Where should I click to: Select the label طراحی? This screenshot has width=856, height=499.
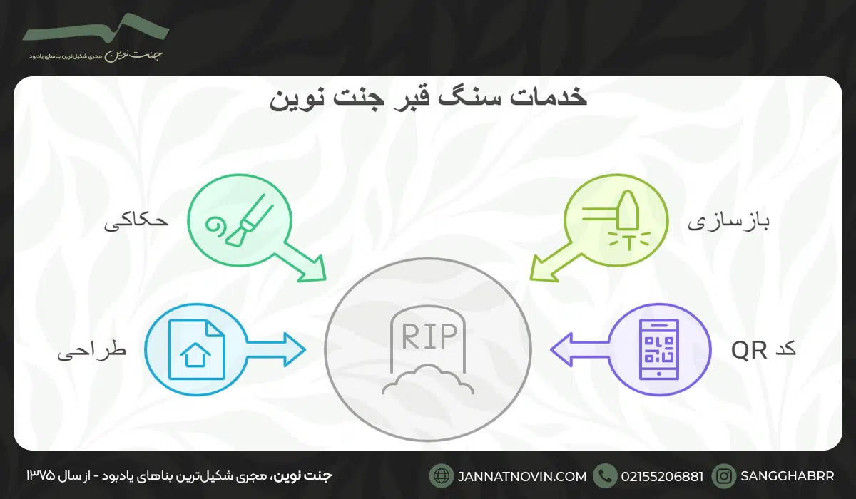click(91, 351)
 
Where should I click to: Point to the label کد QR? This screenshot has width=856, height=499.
click(763, 349)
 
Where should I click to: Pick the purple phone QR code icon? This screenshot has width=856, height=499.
click(659, 348)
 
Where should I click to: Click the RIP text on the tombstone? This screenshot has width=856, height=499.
click(428, 336)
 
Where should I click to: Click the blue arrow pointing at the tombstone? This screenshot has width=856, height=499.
click(281, 348)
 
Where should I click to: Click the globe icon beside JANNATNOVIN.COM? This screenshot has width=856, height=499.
click(442, 475)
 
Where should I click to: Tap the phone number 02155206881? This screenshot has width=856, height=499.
click(663, 475)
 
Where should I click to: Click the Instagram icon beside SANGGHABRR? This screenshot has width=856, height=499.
click(725, 475)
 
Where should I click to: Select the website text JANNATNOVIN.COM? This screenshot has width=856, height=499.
click(520, 475)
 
